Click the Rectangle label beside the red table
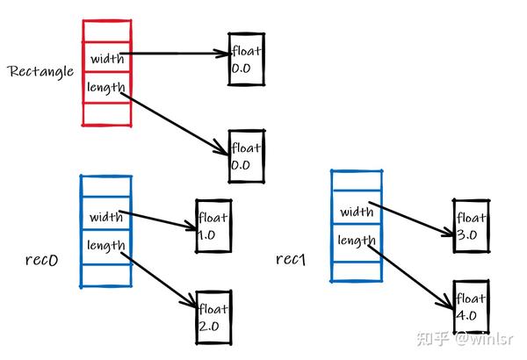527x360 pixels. pyautogui.click(x=40, y=69)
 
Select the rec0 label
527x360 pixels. pyautogui.click(x=42, y=260)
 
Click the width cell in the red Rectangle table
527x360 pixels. pyautogui.click(x=106, y=59)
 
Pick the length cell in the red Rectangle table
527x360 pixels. pyautogui.click(x=106, y=88)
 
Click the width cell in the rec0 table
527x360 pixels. pyautogui.click(x=105, y=215)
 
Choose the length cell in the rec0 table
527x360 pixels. pyautogui.click(x=105, y=245)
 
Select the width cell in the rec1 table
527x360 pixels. pyautogui.click(x=357, y=212)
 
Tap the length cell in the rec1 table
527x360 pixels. pyautogui.click(x=357, y=240)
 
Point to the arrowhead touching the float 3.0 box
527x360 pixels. pyautogui.click(x=447, y=233)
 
